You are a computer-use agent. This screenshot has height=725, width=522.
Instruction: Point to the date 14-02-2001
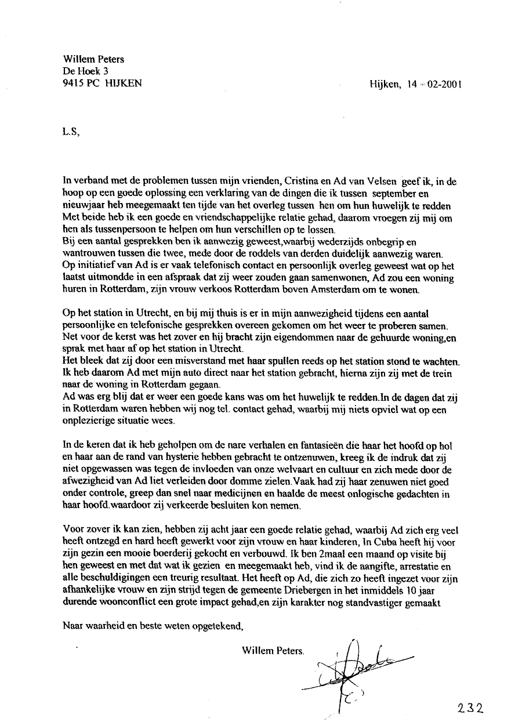point(434,84)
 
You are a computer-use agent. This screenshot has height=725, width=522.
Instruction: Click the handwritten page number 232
point(470,708)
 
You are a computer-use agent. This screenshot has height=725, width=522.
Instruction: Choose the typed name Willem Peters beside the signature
point(273,651)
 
